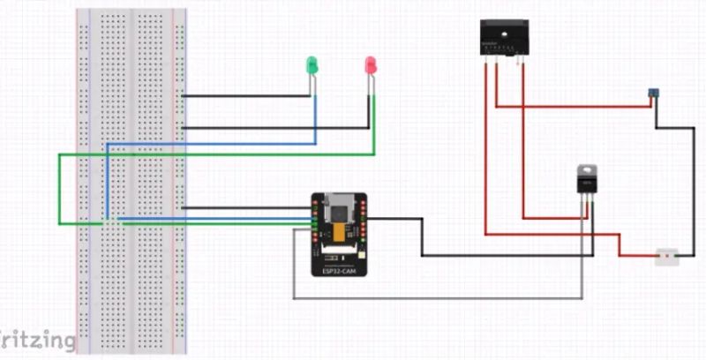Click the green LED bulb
[x=312, y=64]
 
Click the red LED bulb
[x=371, y=64]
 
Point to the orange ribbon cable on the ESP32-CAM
[x=339, y=232]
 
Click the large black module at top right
[x=504, y=37]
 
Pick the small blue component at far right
[x=653, y=93]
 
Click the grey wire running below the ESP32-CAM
[x=441, y=298]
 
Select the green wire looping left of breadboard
[x=59, y=190]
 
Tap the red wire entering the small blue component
[x=574, y=107]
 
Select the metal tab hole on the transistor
[x=586, y=169]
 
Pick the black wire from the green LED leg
[x=247, y=95]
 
